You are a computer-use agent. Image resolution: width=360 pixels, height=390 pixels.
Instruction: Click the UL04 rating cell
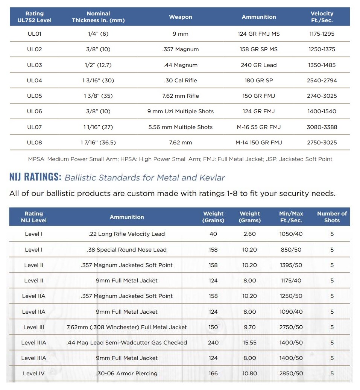point(35,80)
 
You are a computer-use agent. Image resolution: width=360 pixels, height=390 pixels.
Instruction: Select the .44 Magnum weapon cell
point(181,65)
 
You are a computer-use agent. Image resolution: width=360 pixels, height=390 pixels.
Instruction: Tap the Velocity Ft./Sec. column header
point(322,17)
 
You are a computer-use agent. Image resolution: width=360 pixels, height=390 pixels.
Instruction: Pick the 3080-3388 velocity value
point(322,127)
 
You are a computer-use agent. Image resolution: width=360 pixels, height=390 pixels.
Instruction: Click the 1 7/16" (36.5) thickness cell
point(98,143)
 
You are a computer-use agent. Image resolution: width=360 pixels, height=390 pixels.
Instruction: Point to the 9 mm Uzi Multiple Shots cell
point(181,111)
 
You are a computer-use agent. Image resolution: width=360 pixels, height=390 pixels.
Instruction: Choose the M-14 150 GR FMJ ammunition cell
point(259,143)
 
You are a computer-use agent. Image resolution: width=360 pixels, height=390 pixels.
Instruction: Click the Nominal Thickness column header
point(98,17)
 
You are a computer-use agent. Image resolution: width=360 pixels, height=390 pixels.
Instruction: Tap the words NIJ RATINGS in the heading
point(35,177)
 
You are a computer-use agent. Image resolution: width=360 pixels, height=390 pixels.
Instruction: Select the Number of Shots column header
point(332,217)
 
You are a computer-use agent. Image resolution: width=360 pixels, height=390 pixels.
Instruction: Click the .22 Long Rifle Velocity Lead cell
point(127,234)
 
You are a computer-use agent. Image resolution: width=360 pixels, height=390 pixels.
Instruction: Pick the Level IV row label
point(34,373)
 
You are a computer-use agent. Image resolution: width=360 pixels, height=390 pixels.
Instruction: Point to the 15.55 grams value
point(249,343)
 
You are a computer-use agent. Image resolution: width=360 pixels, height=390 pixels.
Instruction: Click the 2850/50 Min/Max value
point(291,373)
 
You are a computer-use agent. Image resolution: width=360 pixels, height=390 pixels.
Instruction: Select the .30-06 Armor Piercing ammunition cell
point(127,373)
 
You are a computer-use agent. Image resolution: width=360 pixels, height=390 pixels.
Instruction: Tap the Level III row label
point(34,327)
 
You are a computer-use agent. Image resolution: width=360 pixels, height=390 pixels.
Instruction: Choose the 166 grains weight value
point(213,373)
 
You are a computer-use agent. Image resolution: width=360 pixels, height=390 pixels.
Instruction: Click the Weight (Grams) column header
point(250,217)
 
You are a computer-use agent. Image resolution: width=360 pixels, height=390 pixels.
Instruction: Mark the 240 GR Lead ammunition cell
point(259,65)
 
